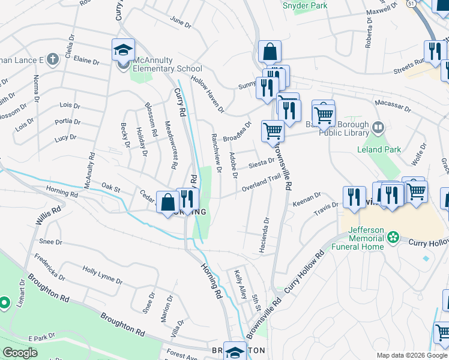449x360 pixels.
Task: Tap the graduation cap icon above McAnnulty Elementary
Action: [x=123, y=50]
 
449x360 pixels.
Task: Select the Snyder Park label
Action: [x=305, y=5]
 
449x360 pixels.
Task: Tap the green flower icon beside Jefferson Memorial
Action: [x=393, y=238]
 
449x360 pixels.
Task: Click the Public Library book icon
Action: [x=378, y=127]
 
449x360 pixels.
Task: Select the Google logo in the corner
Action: [x=20, y=353]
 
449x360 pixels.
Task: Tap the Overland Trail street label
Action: [x=261, y=183]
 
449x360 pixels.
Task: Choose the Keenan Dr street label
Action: [x=307, y=200]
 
